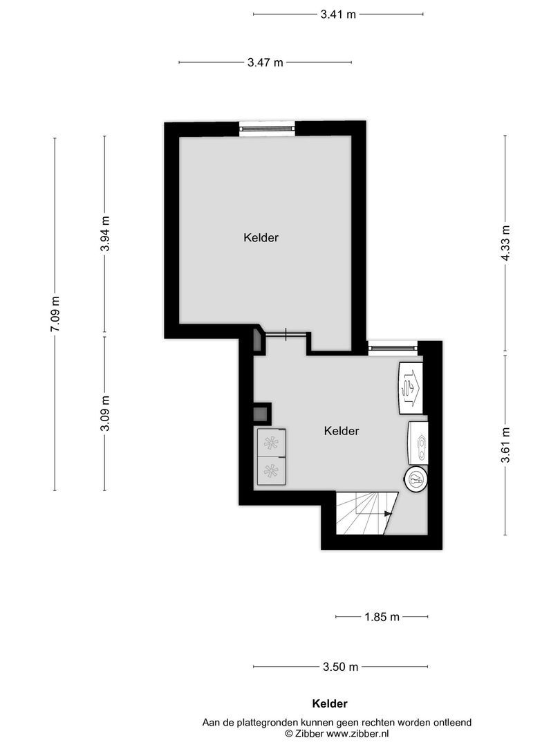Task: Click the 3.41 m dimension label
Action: tap(338, 14)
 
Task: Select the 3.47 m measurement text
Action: tap(265, 62)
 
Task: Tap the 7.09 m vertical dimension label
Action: tap(55, 314)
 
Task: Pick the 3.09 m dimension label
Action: tap(104, 414)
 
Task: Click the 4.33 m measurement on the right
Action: tap(505, 243)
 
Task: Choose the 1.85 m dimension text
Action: tap(382, 616)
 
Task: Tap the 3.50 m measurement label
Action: tap(340, 667)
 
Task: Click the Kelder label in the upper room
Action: tap(261, 237)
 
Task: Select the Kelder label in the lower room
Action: tap(342, 431)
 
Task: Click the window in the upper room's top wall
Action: tap(267, 128)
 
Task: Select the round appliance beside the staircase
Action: tap(416, 479)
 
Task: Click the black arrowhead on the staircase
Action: tap(388, 514)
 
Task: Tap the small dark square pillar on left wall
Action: tap(261, 414)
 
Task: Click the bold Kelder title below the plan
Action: tap(329, 704)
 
